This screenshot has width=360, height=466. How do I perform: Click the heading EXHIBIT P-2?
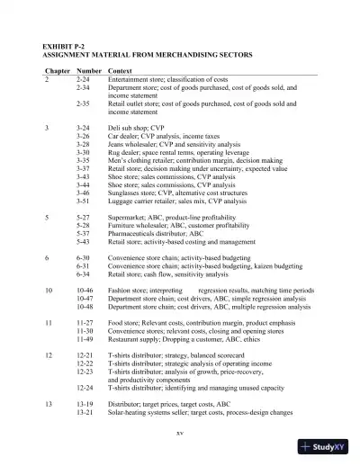62,45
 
